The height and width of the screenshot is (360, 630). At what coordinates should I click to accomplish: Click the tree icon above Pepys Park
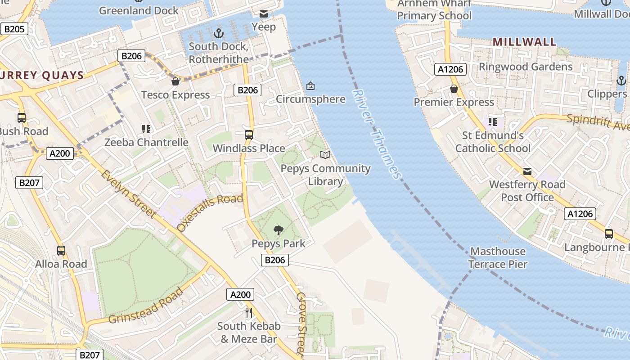tap(279, 230)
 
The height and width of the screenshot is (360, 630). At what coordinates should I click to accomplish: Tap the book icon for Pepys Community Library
tap(325, 155)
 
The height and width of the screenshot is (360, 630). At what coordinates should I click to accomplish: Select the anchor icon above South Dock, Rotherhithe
tap(218, 33)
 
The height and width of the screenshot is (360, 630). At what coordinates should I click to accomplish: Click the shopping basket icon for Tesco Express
tap(175, 81)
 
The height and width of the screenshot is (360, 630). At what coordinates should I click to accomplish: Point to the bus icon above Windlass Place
tap(248, 135)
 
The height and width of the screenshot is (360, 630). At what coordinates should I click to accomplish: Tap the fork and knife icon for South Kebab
tap(248, 312)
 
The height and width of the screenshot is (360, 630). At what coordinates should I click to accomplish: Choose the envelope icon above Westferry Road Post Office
tap(527, 171)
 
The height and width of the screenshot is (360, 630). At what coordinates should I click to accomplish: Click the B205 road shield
tap(14, 29)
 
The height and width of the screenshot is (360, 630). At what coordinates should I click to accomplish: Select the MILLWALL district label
tap(524, 42)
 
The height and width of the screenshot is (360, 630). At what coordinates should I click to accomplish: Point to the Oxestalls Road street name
tap(211, 212)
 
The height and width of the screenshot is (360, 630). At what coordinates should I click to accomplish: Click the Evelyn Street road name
tap(128, 194)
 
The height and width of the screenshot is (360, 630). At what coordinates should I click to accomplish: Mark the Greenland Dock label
tap(139, 10)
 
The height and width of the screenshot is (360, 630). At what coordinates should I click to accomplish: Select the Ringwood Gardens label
tap(526, 67)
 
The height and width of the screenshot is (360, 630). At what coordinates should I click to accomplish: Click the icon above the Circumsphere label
tap(310, 86)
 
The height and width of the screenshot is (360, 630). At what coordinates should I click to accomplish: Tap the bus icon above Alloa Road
tap(61, 250)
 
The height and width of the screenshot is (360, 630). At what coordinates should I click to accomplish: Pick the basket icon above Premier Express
tap(454, 89)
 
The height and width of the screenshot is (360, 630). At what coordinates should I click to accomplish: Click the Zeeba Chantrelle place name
tap(146, 142)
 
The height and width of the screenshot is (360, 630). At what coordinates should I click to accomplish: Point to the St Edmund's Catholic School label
tap(493, 142)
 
